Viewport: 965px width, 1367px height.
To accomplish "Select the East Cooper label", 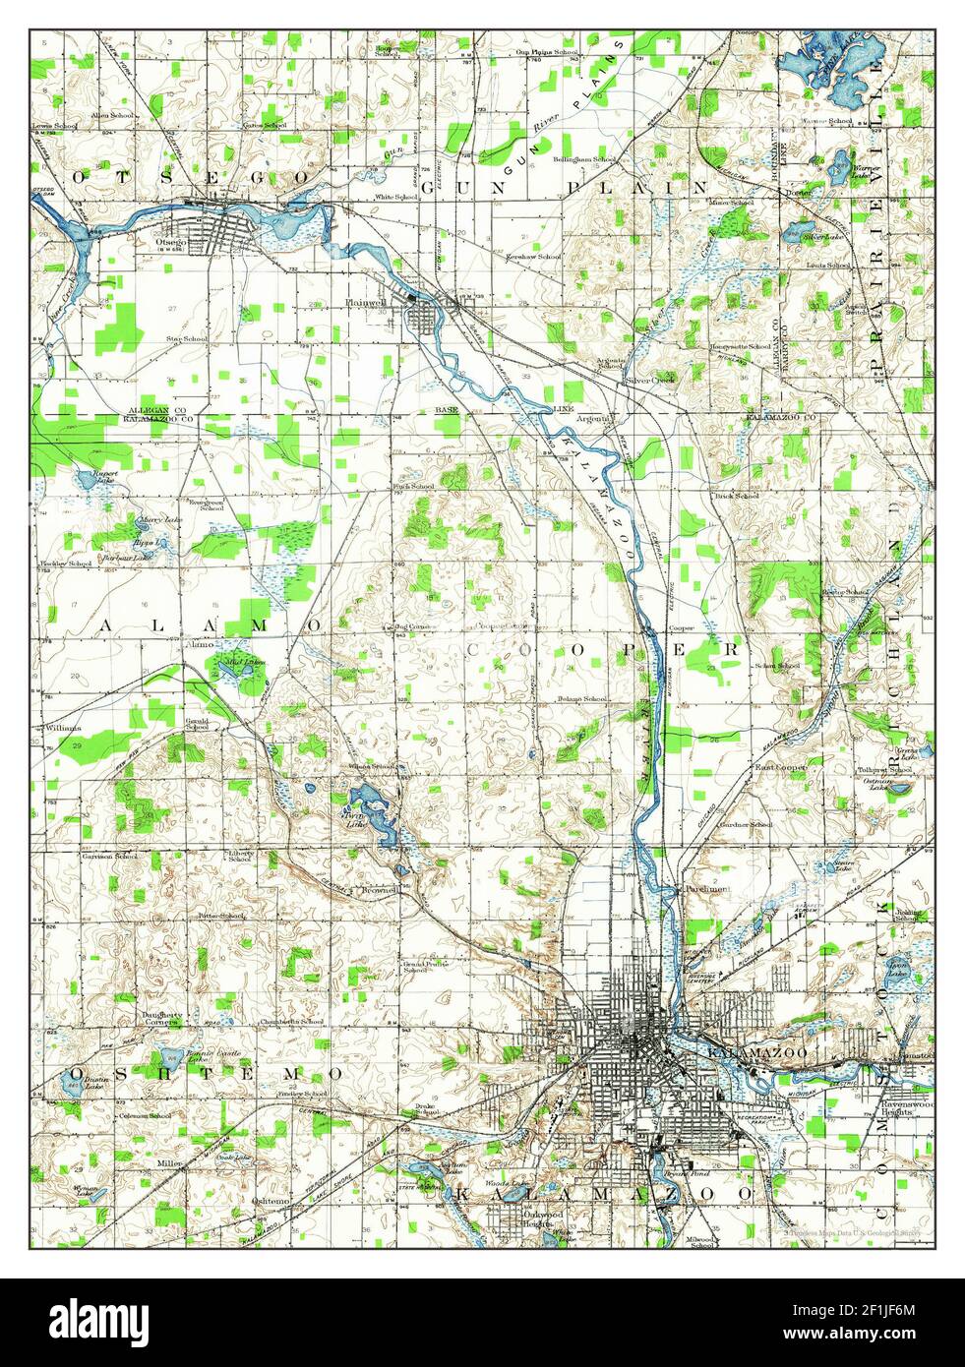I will click(780, 766).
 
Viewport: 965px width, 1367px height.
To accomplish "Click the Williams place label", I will click(64, 728).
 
